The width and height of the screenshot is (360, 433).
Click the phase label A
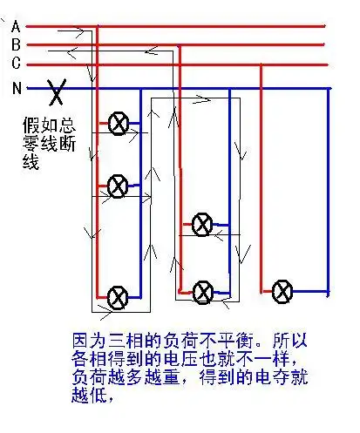(16, 27)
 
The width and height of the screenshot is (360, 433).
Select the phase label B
(16, 44)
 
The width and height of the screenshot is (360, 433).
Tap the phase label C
(16, 63)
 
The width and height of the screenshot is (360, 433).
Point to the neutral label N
(16, 88)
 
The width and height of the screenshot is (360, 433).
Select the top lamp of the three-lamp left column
(118, 124)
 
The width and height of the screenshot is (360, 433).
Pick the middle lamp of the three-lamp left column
(118, 185)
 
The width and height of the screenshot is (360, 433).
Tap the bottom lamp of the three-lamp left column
(118, 297)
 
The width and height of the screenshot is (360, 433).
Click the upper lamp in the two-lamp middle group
(201, 225)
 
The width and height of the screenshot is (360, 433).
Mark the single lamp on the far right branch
(282, 290)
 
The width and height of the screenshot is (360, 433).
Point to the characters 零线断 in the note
(49, 145)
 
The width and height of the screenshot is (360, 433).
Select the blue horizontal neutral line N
(218, 88)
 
